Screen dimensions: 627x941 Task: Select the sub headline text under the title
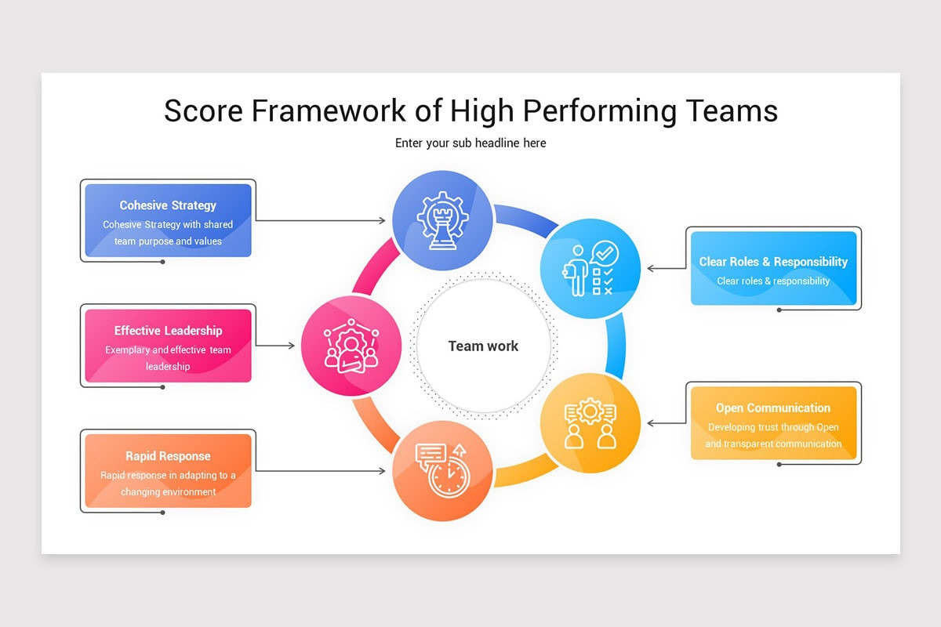point(470,143)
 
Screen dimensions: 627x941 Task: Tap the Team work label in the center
point(483,346)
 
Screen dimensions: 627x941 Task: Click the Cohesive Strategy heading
point(168,205)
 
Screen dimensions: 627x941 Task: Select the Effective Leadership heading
point(168,331)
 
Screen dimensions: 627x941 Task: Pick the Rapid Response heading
point(168,456)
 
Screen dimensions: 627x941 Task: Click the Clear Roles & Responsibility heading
point(773,262)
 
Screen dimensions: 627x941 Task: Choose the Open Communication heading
point(773,408)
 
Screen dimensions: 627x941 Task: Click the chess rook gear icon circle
point(442,220)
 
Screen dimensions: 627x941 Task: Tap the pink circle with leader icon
point(351,346)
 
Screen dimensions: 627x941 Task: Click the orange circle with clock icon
point(442,471)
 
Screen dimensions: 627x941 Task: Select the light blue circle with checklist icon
point(590,269)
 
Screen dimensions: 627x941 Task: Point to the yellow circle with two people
point(590,423)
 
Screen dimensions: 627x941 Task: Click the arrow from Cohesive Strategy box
point(322,220)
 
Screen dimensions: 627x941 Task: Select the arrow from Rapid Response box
point(322,471)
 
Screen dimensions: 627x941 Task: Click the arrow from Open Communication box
point(667,423)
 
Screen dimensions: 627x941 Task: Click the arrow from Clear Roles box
point(667,269)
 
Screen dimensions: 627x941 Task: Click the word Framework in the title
point(330,111)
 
